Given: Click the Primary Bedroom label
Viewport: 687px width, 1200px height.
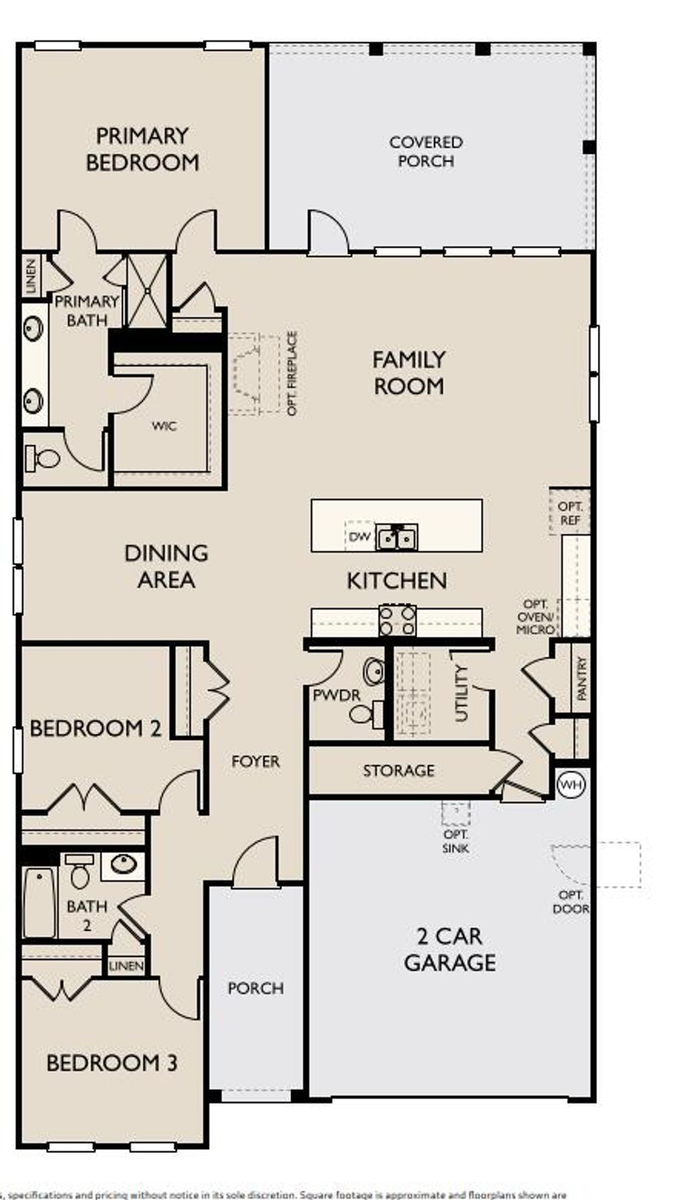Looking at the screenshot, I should pyautogui.click(x=142, y=149).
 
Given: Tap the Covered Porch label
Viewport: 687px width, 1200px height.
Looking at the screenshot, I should pyautogui.click(x=426, y=152).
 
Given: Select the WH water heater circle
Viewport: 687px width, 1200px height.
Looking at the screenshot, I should pyautogui.click(x=571, y=784).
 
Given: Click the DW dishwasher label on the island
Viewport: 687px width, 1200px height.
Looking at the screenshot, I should pyautogui.click(x=360, y=537).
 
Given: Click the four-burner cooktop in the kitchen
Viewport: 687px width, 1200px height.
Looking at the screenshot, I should pyautogui.click(x=397, y=620).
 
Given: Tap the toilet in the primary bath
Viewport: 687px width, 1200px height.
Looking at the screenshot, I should pyautogui.click(x=42, y=459).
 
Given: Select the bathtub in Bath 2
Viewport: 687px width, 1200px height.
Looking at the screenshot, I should pyautogui.click(x=40, y=903).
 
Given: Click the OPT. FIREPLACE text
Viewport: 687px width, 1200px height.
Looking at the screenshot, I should pyautogui.click(x=292, y=373).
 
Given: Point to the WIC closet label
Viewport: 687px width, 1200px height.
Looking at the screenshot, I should pyautogui.click(x=164, y=426).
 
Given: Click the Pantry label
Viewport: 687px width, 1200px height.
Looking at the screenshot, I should pyautogui.click(x=581, y=678).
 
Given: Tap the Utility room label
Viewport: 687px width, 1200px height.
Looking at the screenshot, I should pyautogui.click(x=462, y=693).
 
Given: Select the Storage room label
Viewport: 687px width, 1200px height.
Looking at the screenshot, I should pyautogui.click(x=399, y=770).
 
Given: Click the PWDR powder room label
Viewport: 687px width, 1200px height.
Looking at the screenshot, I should pyautogui.click(x=336, y=696).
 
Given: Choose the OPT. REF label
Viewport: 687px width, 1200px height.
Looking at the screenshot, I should pyautogui.click(x=570, y=513).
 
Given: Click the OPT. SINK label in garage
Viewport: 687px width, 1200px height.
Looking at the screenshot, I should pyautogui.click(x=456, y=841).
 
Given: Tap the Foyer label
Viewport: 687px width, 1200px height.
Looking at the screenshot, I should pyautogui.click(x=255, y=761).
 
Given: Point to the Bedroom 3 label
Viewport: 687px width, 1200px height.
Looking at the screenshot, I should pyautogui.click(x=111, y=1062).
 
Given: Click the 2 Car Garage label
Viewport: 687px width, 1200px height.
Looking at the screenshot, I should pyautogui.click(x=450, y=949).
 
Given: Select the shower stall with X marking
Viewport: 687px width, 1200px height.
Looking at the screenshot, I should pyautogui.click(x=147, y=291).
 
